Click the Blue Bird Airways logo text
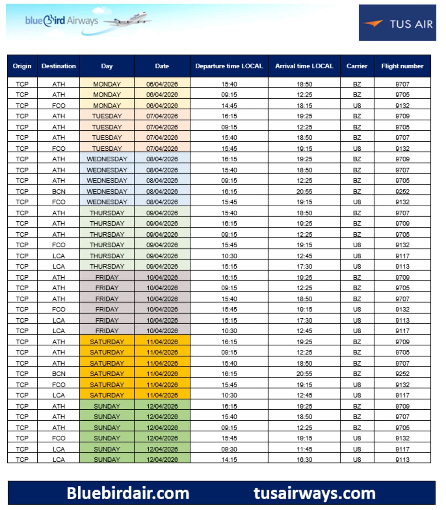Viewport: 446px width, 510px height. coord(61,20)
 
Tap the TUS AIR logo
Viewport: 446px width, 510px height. coord(397,23)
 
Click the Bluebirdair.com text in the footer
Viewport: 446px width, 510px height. coord(128,493)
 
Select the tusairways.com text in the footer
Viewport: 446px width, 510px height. coord(314,493)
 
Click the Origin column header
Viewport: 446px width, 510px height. coord(22,66)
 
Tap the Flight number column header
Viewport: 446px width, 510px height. coord(402,66)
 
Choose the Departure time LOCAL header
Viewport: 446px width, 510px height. coord(229,66)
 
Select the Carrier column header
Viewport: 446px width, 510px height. coord(357,66)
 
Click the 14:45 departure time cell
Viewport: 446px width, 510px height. coord(229,106)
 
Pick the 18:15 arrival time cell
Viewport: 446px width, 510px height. coord(304,106)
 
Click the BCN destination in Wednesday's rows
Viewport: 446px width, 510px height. coord(58,191)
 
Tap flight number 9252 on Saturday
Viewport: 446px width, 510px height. coord(402,374)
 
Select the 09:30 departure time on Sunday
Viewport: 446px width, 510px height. coord(229,449)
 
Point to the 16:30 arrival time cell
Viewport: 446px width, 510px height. coord(304,460)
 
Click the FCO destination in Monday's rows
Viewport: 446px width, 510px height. coord(58,106)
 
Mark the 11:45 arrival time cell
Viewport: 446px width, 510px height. coord(304,449)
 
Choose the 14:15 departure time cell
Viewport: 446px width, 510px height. coord(229,460)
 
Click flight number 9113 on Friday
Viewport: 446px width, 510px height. coord(402,320)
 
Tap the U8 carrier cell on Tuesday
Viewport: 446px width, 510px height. coord(357,149)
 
